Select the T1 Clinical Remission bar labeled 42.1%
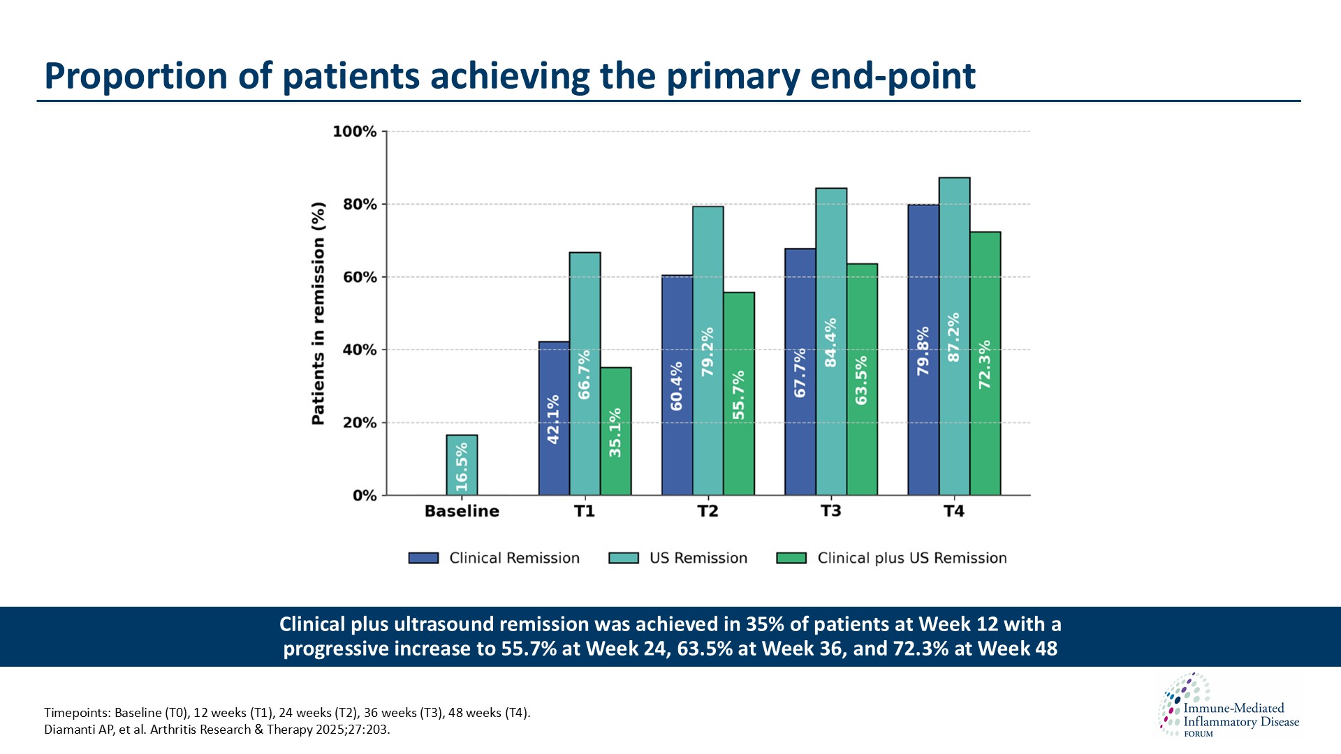554,419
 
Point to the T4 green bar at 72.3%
985,363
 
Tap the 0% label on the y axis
364,496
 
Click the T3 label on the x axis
830,511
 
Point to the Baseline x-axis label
462,511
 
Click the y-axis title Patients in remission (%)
318,313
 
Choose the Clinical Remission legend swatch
423,558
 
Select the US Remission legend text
698,558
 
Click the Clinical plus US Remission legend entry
911,558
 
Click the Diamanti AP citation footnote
217,730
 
